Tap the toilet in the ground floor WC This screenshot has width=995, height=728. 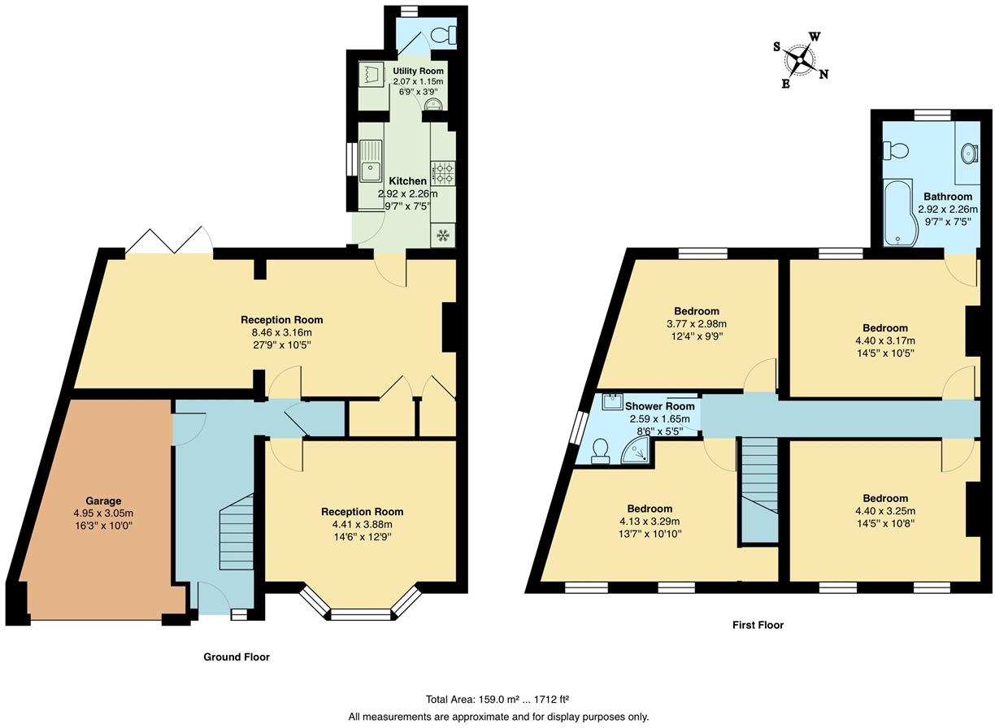tap(445, 35)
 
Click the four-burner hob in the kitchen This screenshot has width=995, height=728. tap(443, 173)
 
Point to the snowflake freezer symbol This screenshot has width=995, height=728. tap(442, 235)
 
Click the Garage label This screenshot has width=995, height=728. tap(103, 500)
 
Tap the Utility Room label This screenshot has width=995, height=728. tap(418, 71)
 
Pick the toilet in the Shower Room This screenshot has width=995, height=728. tap(601, 452)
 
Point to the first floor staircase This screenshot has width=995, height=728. tap(759, 490)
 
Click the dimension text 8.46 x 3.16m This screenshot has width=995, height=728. tap(282, 332)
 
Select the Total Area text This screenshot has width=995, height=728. tap(497, 700)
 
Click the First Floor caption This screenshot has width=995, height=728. tap(758, 625)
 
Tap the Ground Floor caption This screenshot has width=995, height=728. tap(237, 657)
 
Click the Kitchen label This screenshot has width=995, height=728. tap(408, 181)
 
